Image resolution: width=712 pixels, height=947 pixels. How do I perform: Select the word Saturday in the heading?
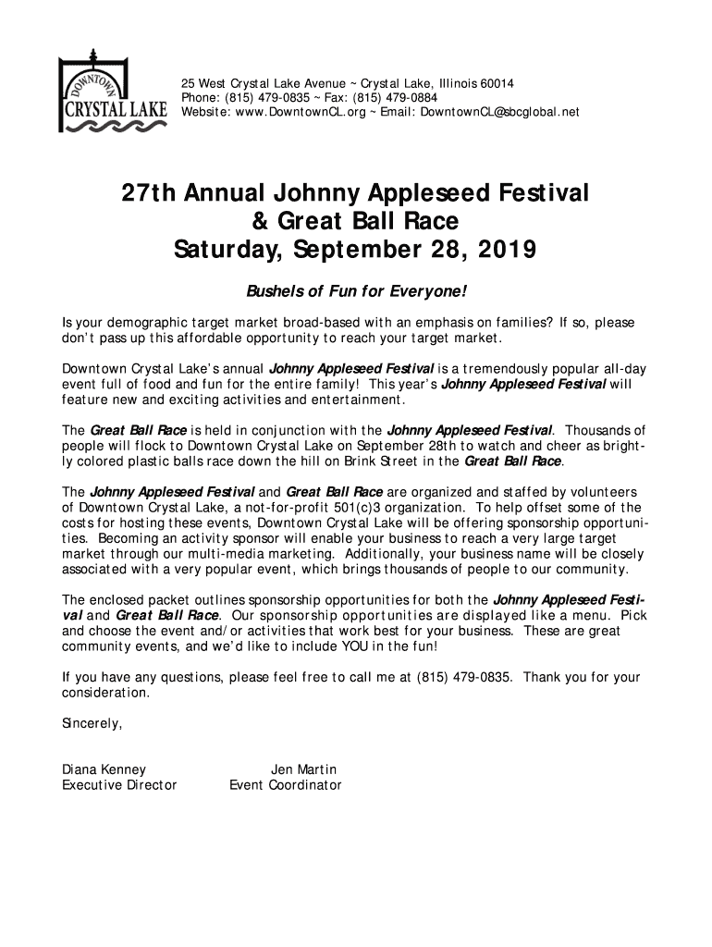pyautogui.click(x=227, y=250)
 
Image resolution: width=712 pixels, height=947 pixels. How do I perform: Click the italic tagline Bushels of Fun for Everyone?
pyautogui.click(x=356, y=293)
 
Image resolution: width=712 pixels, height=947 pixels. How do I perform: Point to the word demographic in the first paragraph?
pyautogui.click(x=145, y=322)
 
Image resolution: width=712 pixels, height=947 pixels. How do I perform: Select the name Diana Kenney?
pyautogui.click(x=104, y=769)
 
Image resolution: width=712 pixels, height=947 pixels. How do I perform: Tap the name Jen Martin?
pyautogui.click(x=303, y=769)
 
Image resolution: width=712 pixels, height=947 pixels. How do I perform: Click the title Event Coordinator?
pyautogui.click(x=286, y=785)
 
